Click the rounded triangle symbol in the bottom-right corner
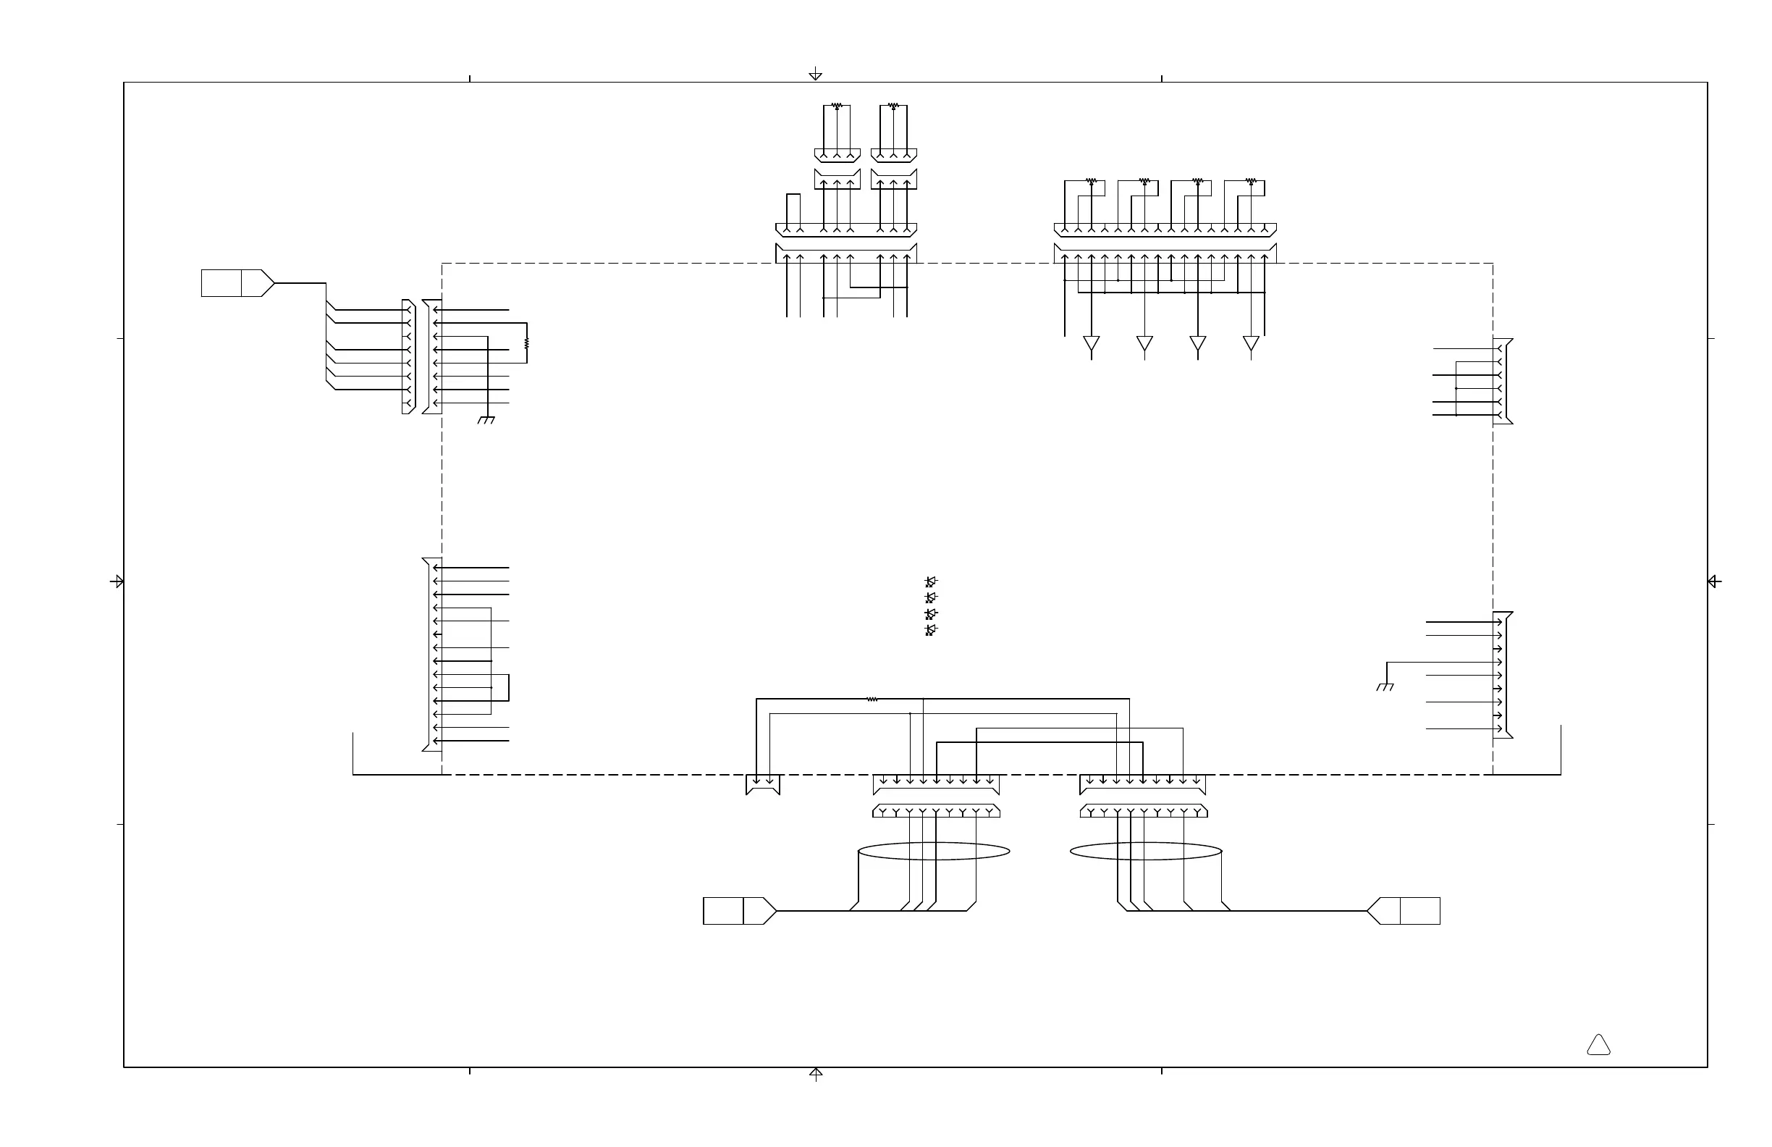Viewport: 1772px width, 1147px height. point(1598,1046)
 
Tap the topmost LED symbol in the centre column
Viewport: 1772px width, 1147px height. point(931,581)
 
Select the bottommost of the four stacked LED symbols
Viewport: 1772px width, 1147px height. point(931,630)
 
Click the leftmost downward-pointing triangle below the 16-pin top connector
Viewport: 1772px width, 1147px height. point(1092,343)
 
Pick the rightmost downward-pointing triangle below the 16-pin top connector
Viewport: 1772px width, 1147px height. point(1251,343)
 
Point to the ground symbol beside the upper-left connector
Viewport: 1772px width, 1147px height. point(486,420)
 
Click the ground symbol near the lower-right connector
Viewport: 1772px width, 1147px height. point(1385,686)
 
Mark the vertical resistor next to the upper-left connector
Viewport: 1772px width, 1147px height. point(527,343)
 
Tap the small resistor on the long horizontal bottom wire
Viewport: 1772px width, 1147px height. point(872,699)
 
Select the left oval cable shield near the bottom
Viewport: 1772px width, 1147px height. point(934,852)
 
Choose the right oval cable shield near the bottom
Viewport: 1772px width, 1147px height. point(1146,852)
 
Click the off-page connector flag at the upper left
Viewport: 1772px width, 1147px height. point(237,283)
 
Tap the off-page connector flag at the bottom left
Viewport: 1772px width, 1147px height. point(739,911)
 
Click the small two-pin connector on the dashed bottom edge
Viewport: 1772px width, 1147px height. point(762,785)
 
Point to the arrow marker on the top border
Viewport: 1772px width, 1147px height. point(815,74)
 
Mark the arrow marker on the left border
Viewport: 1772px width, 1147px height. point(117,581)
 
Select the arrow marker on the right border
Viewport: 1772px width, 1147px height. point(1714,581)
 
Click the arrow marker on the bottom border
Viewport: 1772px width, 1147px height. point(816,1074)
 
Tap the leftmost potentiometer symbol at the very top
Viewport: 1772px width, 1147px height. point(837,106)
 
